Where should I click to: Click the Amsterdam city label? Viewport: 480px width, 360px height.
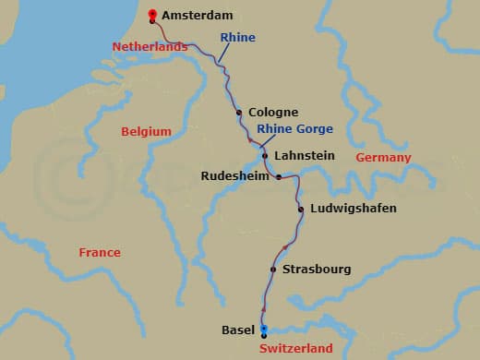coord(197,16)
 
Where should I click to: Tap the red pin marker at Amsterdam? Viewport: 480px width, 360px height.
coord(152,14)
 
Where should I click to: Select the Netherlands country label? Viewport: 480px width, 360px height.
coord(150,46)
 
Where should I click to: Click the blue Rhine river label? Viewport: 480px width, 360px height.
coord(236,38)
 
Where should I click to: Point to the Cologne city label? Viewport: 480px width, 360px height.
coord(272,112)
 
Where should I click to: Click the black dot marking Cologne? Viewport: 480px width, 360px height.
coord(239,113)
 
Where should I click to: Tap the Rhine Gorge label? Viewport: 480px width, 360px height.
coord(294,128)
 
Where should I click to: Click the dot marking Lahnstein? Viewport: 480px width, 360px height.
coord(265,156)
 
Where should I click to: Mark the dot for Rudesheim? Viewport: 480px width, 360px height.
coord(279,176)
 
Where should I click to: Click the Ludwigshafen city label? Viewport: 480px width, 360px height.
coord(354,209)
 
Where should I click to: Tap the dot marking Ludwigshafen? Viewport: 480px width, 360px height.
coord(301,210)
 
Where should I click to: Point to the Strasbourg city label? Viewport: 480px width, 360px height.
coord(317,270)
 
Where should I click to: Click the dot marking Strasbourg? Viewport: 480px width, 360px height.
coord(273,270)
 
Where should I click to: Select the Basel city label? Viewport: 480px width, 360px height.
coord(238,330)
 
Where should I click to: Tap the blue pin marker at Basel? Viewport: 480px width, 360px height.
coord(263,330)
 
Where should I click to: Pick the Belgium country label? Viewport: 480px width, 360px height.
coord(147,132)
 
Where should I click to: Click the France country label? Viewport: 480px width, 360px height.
coord(100,252)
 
